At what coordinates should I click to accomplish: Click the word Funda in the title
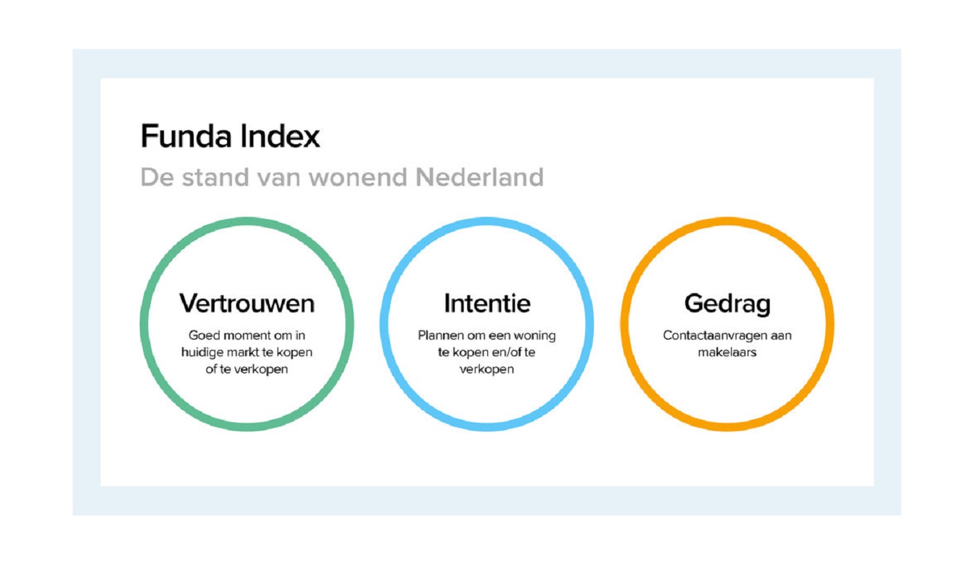click(186, 136)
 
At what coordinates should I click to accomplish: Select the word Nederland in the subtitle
click(480, 177)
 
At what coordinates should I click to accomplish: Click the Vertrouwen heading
click(247, 303)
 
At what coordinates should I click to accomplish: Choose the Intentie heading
click(487, 303)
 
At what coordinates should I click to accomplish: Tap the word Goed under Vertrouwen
click(204, 335)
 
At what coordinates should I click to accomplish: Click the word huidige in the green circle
click(203, 353)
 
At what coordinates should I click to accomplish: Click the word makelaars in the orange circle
click(728, 352)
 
